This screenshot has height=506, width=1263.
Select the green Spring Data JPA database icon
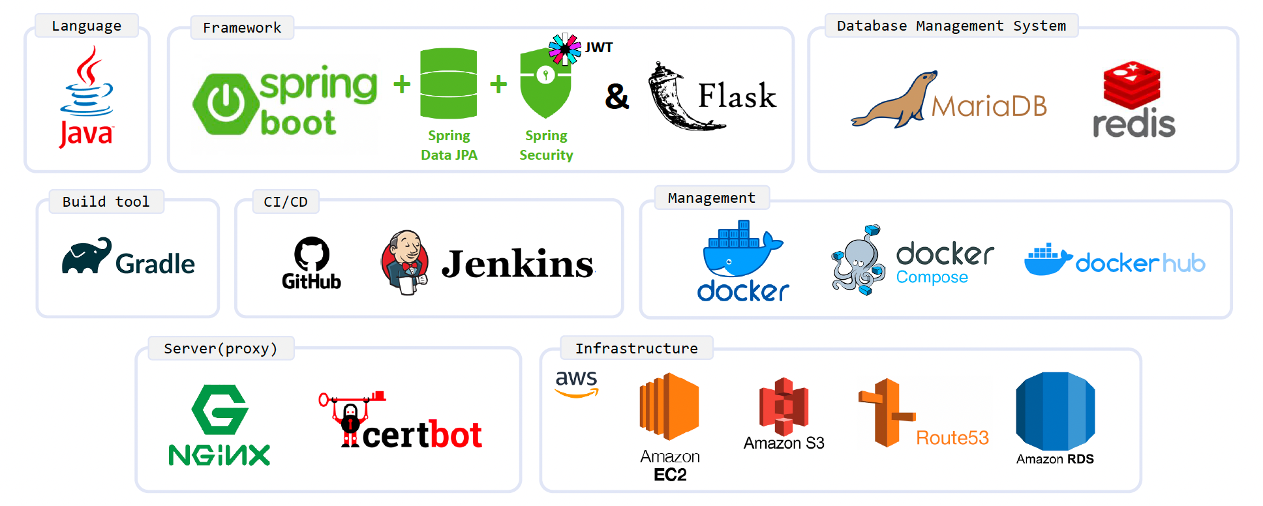pos(449,83)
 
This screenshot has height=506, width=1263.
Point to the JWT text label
pos(599,48)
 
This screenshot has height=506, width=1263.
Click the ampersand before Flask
pos(616,97)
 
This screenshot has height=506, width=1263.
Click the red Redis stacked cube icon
pos(1132,85)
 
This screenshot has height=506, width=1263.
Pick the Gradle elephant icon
pos(87,256)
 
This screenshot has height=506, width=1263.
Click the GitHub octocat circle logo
pos(312,254)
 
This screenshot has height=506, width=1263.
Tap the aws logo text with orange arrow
pos(577,383)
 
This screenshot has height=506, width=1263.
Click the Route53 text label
pos(952,438)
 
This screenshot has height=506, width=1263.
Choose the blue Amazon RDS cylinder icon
pos(1055,411)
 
